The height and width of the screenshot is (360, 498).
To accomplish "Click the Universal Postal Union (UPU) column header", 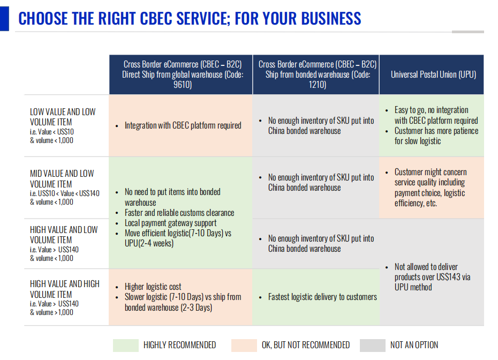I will click(x=433, y=74).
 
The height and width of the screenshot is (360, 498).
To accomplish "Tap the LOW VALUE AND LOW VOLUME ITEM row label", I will click(x=63, y=117).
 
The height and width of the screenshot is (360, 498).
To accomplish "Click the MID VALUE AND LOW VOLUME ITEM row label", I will click(x=62, y=179).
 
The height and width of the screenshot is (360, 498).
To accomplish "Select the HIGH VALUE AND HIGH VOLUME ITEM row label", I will click(x=65, y=289).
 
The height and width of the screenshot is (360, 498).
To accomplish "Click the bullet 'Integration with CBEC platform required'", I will click(x=183, y=125).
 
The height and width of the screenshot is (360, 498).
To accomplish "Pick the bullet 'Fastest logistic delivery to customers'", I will click(x=322, y=297).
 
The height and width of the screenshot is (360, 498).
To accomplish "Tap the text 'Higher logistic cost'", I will click(x=153, y=287).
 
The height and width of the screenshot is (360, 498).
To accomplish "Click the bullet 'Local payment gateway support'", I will click(x=170, y=223).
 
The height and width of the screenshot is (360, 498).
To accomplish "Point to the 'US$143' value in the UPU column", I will click(x=448, y=277).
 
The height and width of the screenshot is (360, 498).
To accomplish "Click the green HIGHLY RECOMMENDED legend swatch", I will click(x=126, y=345).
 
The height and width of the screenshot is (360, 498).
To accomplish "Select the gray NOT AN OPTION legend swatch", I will click(x=372, y=345).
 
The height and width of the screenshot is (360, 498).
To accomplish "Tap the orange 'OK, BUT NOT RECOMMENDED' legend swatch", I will click(x=244, y=345).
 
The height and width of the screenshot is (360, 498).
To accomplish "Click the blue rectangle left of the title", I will click(x=4, y=19).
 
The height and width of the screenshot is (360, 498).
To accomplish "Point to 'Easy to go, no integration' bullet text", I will click(x=432, y=110).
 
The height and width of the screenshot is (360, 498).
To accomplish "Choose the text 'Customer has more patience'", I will click(x=436, y=131).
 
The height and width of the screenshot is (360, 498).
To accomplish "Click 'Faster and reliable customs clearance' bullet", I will click(x=179, y=213).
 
